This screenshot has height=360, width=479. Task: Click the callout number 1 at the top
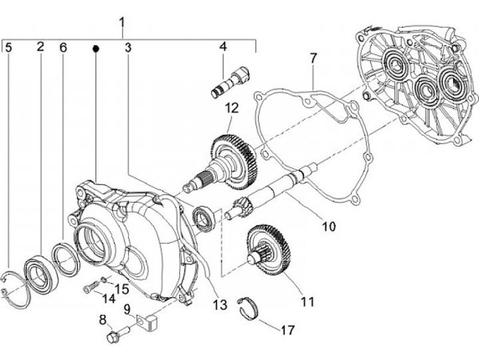tap(122, 22)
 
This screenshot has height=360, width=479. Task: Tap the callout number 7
tap(313, 59)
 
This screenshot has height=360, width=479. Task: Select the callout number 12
tap(232, 108)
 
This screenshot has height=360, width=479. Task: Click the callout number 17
tap(287, 329)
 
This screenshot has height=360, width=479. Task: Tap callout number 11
tap(307, 301)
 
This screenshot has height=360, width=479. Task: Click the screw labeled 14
tap(90, 289)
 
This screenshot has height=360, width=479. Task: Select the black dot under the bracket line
tap(96, 49)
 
